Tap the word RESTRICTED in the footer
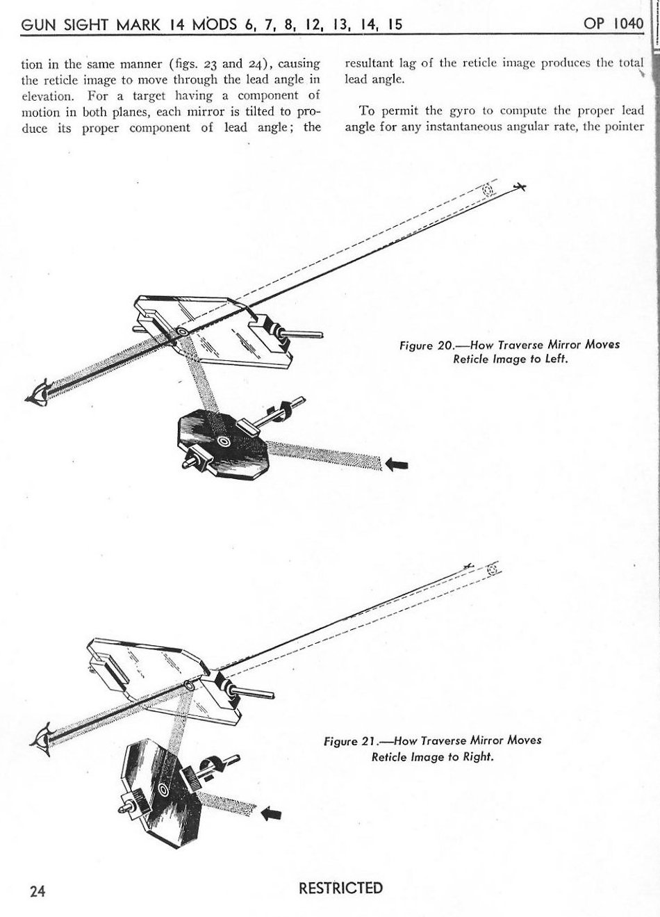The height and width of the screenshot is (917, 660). [x=340, y=888]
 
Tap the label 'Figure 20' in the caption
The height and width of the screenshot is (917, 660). [x=426, y=346]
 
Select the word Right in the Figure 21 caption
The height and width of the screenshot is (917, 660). [x=478, y=756]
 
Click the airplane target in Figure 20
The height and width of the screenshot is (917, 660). [x=520, y=186]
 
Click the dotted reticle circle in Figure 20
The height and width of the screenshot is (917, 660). [x=488, y=190]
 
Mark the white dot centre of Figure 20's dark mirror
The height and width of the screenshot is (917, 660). [x=224, y=441]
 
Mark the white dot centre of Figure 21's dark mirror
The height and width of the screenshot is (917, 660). [x=164, y=788]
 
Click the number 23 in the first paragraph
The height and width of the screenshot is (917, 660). [x=204, y=64]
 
